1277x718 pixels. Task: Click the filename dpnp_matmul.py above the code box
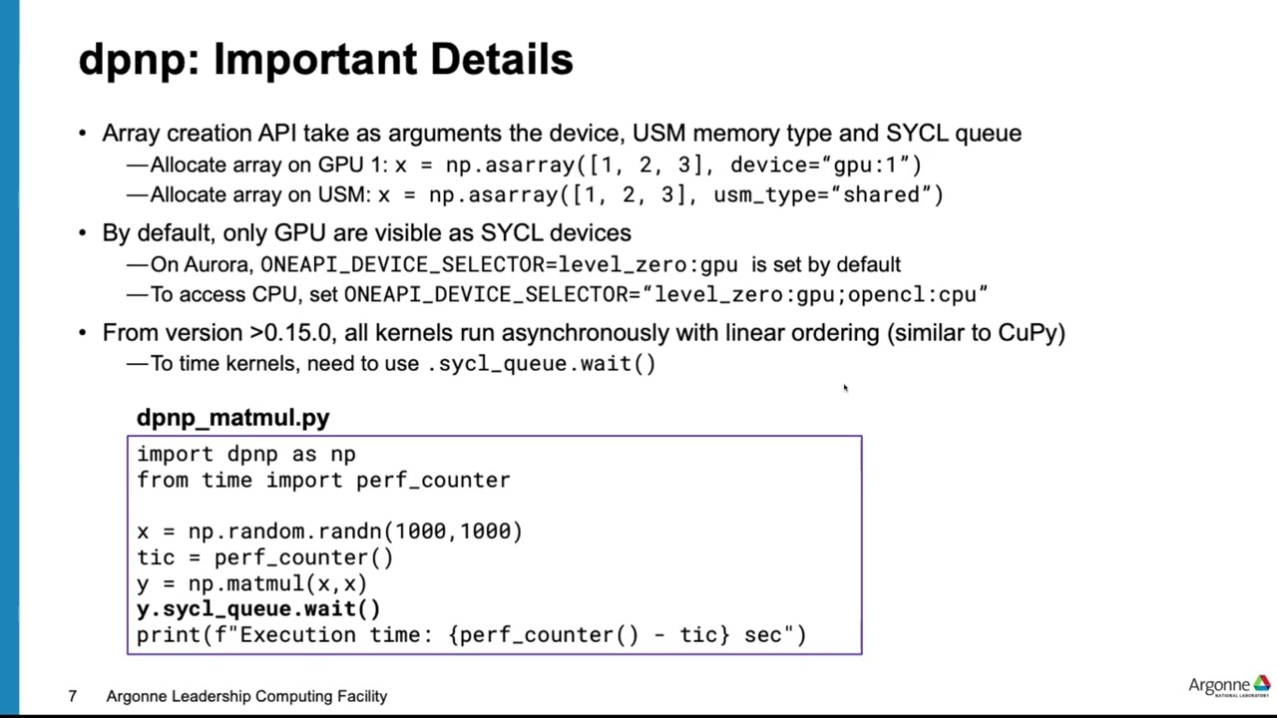pyautogui.click(x=232, y=418)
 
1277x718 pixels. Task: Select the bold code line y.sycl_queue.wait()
pyautogui.click(x=258, y=609)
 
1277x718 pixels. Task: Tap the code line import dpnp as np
pyautogui.click(x=245, y=455)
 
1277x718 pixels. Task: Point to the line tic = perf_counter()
pyautogui.click(x=264, y=557)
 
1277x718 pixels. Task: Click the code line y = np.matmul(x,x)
pyautogui.click(x=251, y=583)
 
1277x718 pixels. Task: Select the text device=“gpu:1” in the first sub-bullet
pyautogui.click(x=824, y=165)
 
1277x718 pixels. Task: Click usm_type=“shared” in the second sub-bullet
pyautogui.click(x=827, y=194)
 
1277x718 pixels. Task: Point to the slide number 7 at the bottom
pyautogui.click(x=72, y=696)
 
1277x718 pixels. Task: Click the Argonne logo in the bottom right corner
pyautogui.click(x=1228, y=686)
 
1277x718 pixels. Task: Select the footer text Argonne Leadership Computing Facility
pyautogui.click(x=246, y=696)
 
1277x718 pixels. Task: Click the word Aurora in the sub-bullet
pyautogui.click(x=216, y=265)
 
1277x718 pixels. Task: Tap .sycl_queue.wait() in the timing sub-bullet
pyautogui.click(x=541, y=364)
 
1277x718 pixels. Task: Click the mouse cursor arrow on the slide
pyautogui.click(x=845, y=388)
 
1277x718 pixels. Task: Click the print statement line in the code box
pyautogui.click(x=471, y=635)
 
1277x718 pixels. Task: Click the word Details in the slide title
pyautogui.click(x=501, y=61)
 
